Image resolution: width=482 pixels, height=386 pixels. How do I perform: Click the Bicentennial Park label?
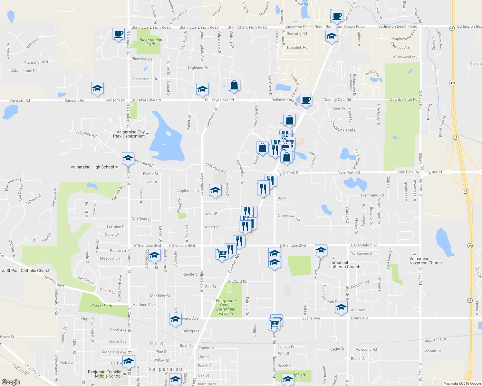tap(150, 42)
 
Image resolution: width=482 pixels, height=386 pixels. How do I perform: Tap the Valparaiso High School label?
tap(92, 167)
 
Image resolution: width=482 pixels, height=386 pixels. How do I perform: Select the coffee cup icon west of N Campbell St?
tap(118, 33)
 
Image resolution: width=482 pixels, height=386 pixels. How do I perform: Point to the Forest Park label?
tap(101, 306)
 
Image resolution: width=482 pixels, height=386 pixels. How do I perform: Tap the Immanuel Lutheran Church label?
tap(344, 265)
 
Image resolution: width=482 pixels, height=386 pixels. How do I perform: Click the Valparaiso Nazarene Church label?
tap(426, 261)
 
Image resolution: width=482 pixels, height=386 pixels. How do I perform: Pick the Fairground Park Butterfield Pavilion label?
tap(226, 307)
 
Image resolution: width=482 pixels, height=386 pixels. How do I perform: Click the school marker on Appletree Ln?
tap(215, 190)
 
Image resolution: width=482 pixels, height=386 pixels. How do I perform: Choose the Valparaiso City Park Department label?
tap(129, 134)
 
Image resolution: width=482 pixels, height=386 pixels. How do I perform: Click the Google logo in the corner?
tap(11, 382)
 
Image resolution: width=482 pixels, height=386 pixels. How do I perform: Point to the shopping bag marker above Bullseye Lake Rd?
tap(234, 85)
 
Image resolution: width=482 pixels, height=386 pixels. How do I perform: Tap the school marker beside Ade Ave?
tap(341, 308)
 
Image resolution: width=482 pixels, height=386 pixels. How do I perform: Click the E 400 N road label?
tap(435, 172)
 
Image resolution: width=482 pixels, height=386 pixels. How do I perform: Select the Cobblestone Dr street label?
tap(24, 71)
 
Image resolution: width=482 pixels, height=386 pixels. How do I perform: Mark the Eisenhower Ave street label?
tap(289, 217)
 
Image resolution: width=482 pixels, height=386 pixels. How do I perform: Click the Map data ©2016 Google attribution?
tap(462, 383)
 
